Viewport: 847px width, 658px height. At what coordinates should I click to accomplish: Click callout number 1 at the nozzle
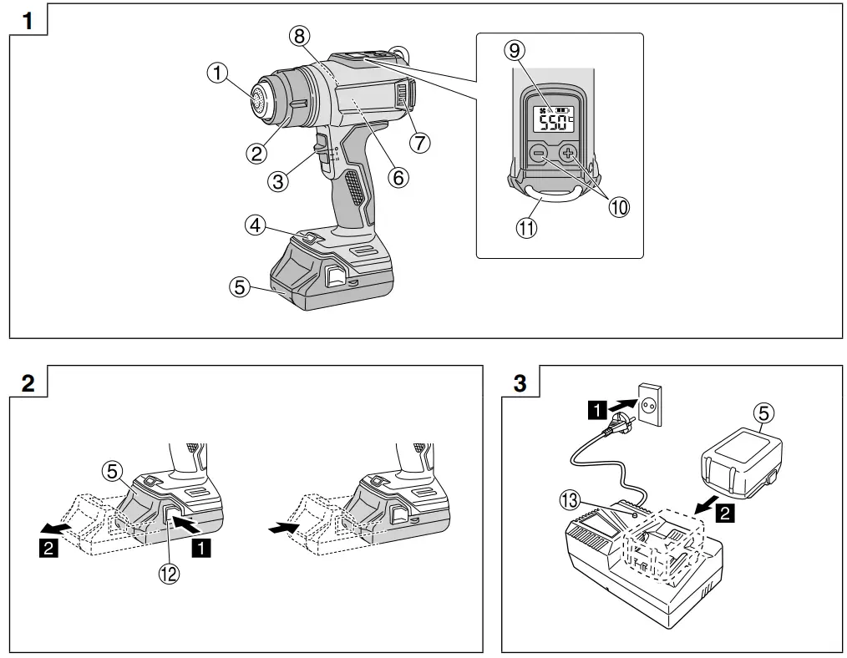(219, 73)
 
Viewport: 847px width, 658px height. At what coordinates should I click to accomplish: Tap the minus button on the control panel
(539, 154)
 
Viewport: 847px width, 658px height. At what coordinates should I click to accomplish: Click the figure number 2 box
(28, 383)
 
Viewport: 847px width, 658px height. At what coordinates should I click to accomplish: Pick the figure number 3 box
(520, 383)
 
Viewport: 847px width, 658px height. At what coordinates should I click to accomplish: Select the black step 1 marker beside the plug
(598, 409)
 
